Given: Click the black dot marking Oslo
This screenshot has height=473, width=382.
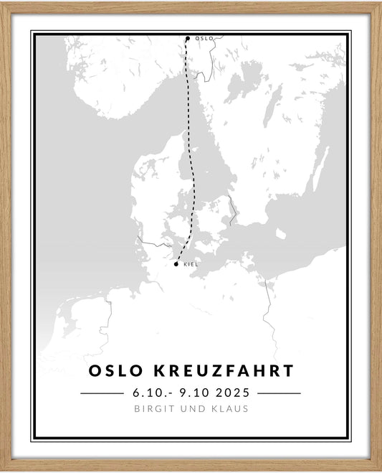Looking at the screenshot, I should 188,39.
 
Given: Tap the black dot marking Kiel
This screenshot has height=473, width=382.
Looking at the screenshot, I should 176,263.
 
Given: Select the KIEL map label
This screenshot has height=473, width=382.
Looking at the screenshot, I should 191,264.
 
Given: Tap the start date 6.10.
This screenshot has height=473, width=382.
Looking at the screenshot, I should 148,393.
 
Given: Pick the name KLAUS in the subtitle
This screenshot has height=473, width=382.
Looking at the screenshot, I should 230,409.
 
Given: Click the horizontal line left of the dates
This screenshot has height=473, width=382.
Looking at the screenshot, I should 102,393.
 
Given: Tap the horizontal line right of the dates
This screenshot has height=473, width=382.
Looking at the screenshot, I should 279,393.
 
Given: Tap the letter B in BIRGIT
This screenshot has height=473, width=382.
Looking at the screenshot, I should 136,409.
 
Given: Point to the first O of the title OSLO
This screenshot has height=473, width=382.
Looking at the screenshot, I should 95,371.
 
